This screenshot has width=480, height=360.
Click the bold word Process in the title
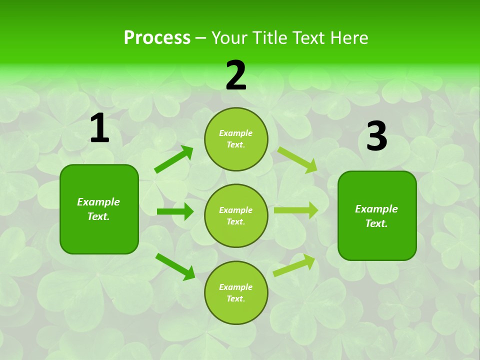[x=157, y=38]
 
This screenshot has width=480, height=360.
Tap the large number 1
[x=99, y=128]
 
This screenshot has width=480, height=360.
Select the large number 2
[x=236, y=75]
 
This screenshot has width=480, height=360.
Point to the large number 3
[x=377, y=136]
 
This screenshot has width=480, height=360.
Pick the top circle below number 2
[x=236, y=139]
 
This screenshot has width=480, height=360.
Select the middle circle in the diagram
[x=236, y=216]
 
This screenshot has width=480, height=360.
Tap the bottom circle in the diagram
[x=236, y=292]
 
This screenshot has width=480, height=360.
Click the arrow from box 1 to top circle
[x=173, y=159]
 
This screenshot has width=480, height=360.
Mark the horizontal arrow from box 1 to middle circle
[x=175, y=211]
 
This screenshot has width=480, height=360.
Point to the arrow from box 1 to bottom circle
[x=175, y=266]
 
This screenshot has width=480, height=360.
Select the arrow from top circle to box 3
[x=297, y=160]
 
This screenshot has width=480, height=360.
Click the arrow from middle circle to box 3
[x=295, y=210]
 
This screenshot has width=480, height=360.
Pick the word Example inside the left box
[x=98, y=202]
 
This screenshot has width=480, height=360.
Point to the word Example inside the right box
[x=376, y=209]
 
